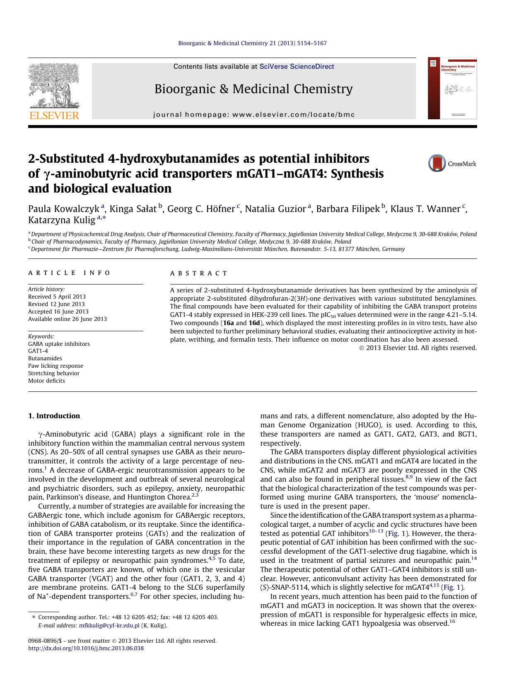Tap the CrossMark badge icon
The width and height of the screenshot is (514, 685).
pos(437,164)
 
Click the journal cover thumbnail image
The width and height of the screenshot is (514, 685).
pos(452,89)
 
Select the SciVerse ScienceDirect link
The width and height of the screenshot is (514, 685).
pos(297,67)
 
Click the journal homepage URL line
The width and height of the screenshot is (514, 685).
pos(254,115)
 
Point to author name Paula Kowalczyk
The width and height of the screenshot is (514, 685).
pos(64,209)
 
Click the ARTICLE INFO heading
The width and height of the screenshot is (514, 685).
pos(70,273)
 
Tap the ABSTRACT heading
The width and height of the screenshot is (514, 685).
pos(199,273)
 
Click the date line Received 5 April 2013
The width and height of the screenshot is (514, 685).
pos(57,297)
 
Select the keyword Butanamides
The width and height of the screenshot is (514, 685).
pos(45,358)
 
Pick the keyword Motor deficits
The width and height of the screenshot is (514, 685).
pos(46,381)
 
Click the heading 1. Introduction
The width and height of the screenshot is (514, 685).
pos(54,416)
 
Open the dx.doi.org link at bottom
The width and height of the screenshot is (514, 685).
pos(86,648)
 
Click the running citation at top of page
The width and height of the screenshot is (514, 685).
pos(252,43)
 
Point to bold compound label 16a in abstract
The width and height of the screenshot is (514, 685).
pos(228,323)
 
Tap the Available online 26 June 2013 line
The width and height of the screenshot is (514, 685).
pos(67,319)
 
